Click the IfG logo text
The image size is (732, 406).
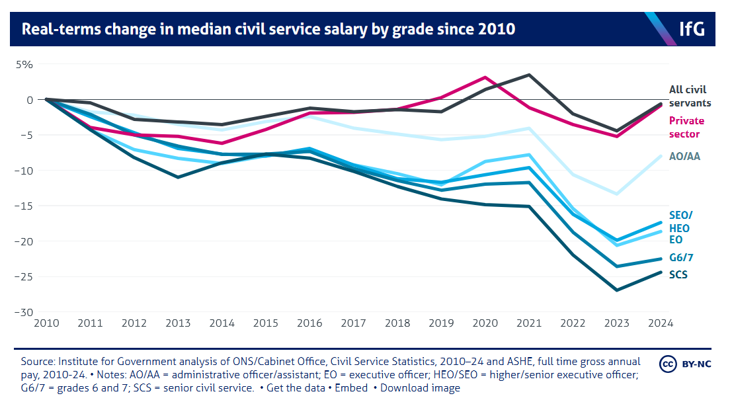coord(692,29)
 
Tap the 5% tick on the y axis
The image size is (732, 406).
coord(24,65)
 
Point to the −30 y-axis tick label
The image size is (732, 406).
coord(24,312)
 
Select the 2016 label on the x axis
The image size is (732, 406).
coord(309,324)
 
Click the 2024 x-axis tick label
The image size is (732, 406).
coord(660,324)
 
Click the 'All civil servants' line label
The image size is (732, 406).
coord(690,96)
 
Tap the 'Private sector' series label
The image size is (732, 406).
coord(687,127)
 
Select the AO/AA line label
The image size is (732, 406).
coord(685,157)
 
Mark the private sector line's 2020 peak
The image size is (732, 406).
coord(485,77)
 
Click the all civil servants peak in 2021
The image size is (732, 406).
coord(528,75)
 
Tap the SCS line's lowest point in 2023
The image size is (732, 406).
coord(616,290)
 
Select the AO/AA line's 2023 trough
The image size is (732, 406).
coord(616,194)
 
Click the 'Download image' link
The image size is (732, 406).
coord(420,388)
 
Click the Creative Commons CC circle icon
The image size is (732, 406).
coord(667,364)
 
